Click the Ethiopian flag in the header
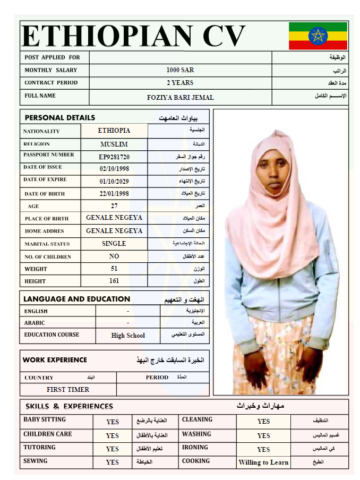coord(318,36)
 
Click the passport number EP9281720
coord(114,157)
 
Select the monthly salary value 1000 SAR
coord(180,70)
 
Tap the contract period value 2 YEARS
coord(180,83)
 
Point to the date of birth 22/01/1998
coord(114,194)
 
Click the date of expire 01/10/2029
coord(114,181)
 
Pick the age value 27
coord(114,206)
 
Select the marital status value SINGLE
coord(114,244)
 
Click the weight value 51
coord(114,269)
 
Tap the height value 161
coord(114,281)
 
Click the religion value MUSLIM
coord(114,144)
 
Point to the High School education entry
coord(128,336)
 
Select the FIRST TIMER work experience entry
coord(68,389)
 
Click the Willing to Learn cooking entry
coord(263,462)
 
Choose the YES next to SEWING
coord(113,462)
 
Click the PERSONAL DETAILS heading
coord(60,117)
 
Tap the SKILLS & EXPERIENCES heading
coord(69,407)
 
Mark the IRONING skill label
coord(195,448)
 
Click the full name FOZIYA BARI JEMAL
coord(180,98)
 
